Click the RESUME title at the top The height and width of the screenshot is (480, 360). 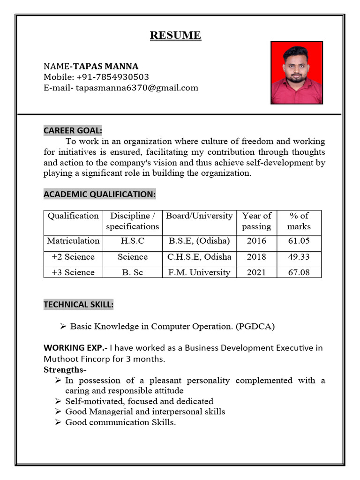click(175, 36)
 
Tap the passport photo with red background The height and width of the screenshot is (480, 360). click(296, 73)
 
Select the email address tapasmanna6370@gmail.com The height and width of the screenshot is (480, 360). click(137, 88)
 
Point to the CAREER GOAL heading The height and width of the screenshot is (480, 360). click(73, 130)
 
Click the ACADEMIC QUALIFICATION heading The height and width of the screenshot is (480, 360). click(99, 194)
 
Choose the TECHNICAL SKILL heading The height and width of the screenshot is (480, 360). click(78, 305)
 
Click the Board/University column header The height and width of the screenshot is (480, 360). click(199, 216)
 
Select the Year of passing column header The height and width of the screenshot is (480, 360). click(256, 221)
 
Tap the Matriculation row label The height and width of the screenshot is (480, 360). click(73, 241)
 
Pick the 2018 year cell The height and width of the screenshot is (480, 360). click(256, 257)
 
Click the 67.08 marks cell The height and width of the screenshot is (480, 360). click(299, 272)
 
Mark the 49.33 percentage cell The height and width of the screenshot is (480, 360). click(299, 257)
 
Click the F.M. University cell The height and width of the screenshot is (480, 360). click(199, 272)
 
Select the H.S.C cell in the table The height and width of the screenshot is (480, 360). click(132, 241)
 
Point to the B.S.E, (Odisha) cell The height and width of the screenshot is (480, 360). click(199, 241)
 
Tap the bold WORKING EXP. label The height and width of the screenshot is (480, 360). click(75, 348)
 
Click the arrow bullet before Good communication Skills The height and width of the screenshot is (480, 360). click(58, 422)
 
